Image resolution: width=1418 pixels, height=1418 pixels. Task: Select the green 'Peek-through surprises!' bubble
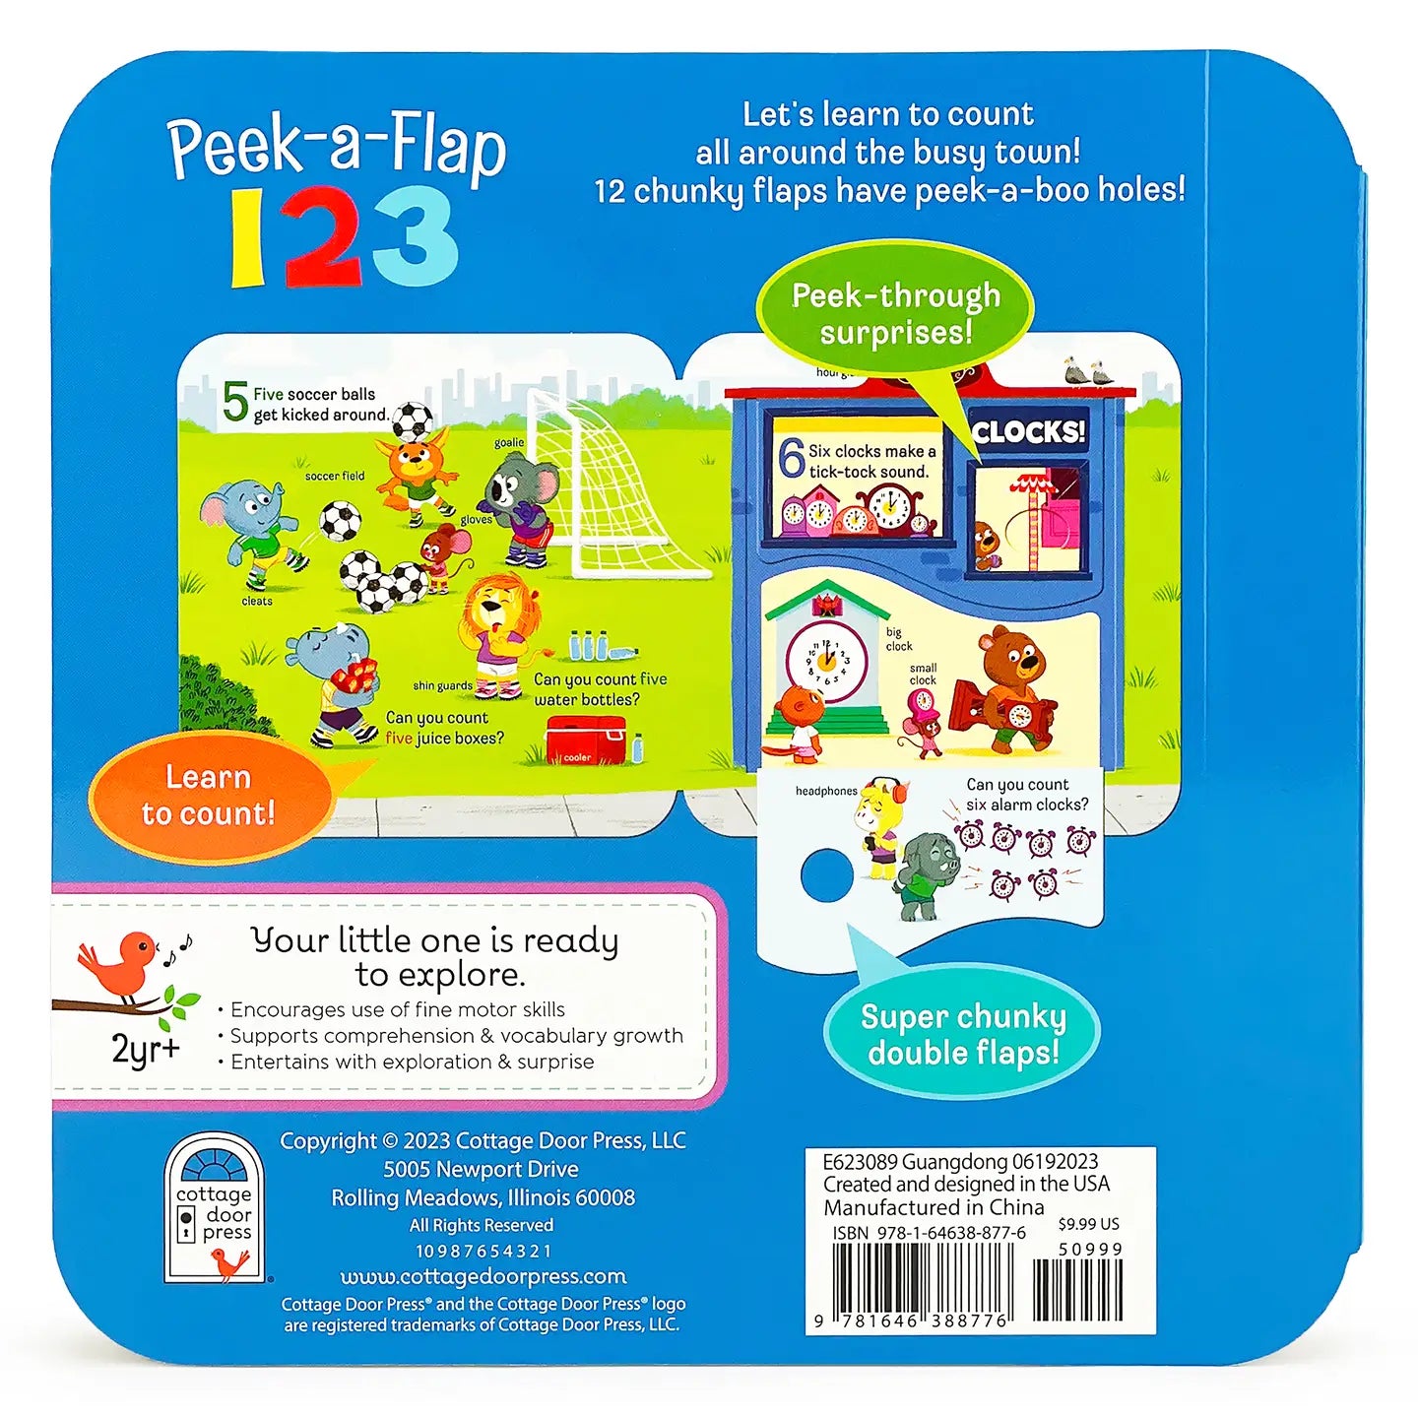[895, 314]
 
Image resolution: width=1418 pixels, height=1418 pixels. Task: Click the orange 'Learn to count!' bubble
[211, 797]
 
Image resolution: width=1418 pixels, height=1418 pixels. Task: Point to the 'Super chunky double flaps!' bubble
[962, 1034]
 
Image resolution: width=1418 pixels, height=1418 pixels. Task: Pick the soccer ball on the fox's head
[413, 420]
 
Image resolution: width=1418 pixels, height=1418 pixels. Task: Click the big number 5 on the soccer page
[234, 404]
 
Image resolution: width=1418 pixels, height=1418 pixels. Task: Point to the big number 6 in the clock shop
[791, 459]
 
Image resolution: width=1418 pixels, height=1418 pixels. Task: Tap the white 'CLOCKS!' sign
[1028, 432]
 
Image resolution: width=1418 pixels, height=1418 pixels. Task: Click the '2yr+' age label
[146, 1049]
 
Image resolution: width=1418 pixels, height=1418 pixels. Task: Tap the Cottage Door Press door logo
[215, 1209]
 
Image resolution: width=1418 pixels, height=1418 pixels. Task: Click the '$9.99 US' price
[1088, 1224]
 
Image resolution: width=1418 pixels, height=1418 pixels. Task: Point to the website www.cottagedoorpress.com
[483, 1276]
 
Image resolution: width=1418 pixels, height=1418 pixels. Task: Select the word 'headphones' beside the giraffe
[826, 791]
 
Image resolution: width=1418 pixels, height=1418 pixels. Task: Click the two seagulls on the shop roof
[1087, 372]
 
